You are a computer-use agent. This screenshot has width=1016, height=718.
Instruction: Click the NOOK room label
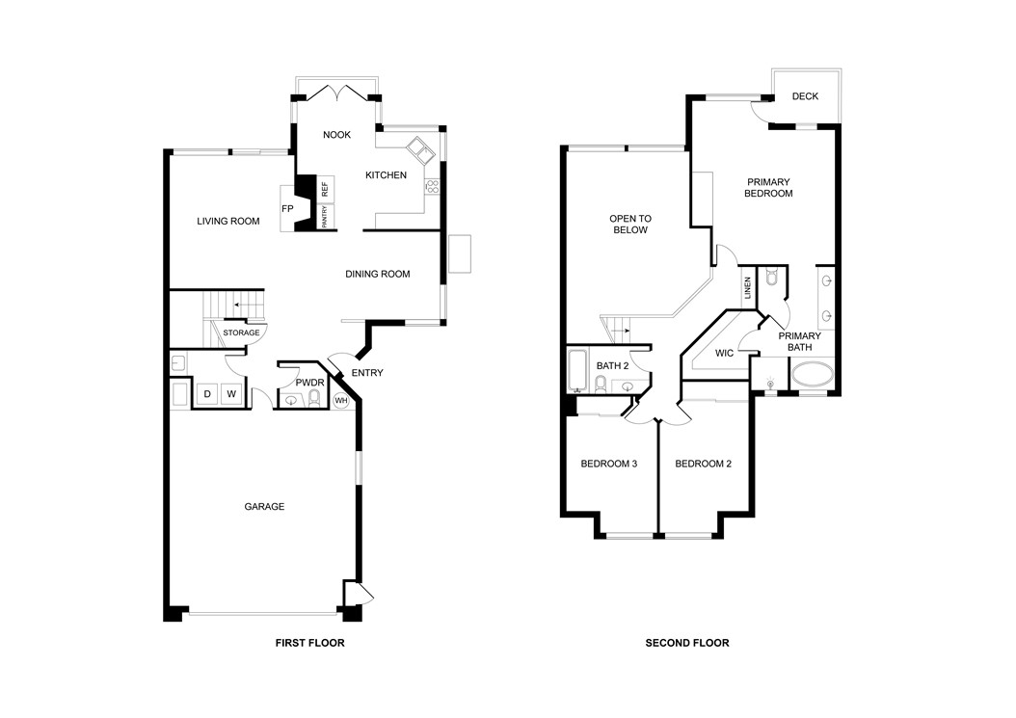point(336,135)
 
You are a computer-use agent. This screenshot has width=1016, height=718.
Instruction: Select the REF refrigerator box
point(325,189)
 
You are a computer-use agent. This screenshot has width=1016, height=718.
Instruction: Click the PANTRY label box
point(325,217)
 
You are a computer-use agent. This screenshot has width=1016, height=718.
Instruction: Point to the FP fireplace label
point(287,209)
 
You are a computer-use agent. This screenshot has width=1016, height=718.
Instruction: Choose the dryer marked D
point(207,394)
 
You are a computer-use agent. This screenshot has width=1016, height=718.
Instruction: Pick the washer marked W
point(231,394)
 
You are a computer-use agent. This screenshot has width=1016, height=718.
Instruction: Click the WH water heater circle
point(341,401)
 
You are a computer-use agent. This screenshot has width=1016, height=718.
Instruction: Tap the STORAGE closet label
point(241,332)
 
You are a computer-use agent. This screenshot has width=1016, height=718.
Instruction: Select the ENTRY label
point(366,373)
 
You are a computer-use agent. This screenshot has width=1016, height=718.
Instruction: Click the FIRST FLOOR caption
point(309,643)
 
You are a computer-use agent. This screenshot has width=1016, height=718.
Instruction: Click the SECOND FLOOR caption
point(687,643)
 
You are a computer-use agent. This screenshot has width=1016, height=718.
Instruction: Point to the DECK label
point(805,96)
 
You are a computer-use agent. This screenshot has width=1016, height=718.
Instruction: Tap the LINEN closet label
point(748,288)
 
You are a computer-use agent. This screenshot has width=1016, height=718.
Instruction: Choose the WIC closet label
point(725,353)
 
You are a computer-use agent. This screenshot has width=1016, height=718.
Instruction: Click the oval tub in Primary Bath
point(813,375)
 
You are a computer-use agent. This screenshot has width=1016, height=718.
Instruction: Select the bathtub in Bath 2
point(577,371)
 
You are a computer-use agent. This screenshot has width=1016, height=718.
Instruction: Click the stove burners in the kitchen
point(432,187)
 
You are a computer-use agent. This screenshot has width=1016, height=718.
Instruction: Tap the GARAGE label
point(264,507)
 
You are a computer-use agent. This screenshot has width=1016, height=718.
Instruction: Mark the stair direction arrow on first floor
point(245,304)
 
